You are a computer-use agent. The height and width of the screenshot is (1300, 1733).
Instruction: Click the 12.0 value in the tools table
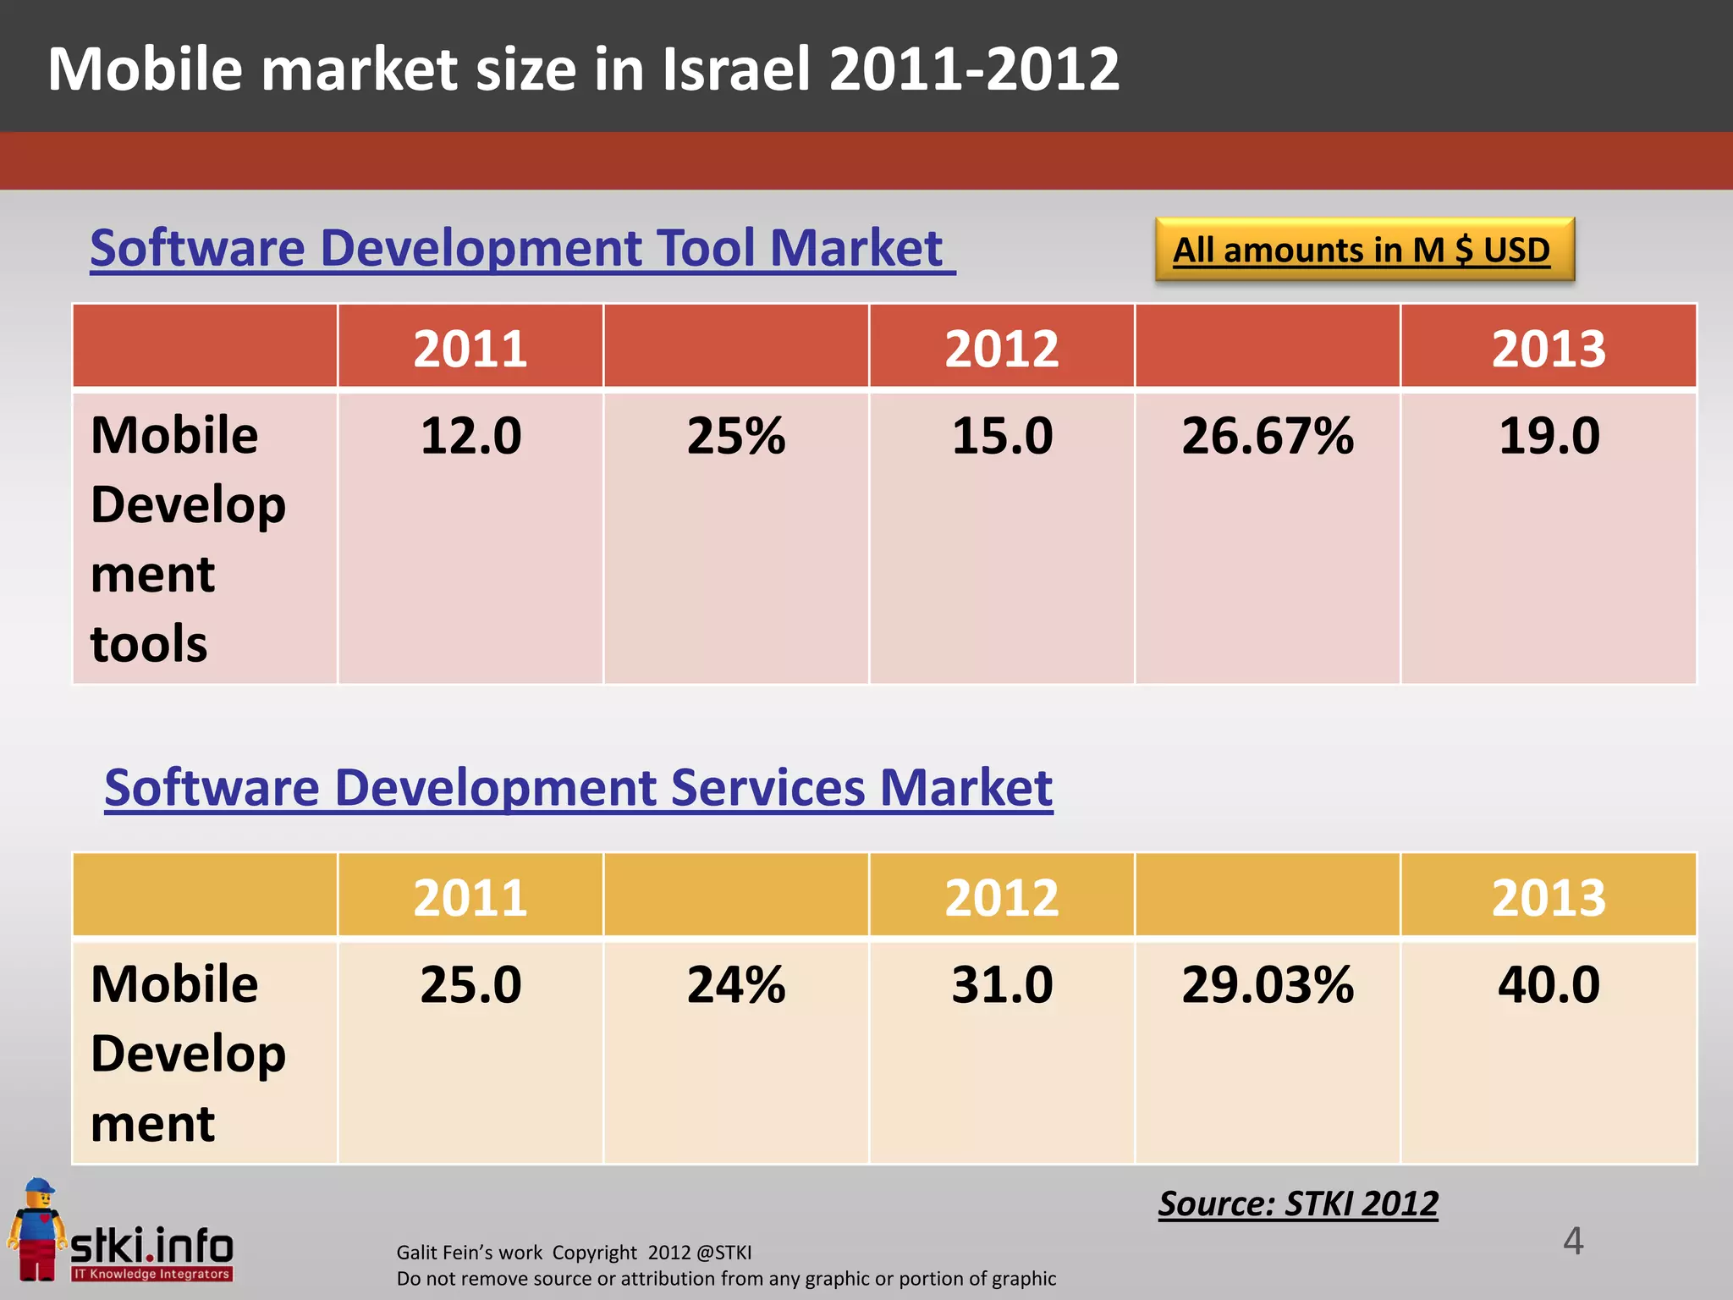point(470,437)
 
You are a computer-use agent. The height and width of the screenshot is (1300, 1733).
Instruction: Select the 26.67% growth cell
point(1267,437)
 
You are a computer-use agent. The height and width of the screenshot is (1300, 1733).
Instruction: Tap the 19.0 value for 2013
point(1549,437)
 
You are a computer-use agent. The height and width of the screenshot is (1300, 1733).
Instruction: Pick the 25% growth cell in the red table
point(735,437)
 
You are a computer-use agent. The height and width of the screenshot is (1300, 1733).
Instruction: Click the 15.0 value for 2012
point(1002,437)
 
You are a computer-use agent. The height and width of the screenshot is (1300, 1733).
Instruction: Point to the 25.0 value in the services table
point(470,985)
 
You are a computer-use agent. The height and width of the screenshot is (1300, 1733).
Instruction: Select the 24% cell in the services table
point(735,985)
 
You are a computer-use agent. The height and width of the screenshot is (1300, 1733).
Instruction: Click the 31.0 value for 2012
point(1002,985)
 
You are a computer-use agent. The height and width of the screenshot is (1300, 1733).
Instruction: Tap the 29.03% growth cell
point(1267,985)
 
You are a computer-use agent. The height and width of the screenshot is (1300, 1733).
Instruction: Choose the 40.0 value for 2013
point(1549,985)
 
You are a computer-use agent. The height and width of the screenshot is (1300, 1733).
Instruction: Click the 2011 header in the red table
point(470,348)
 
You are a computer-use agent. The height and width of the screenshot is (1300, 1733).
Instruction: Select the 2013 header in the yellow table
point(1549,897)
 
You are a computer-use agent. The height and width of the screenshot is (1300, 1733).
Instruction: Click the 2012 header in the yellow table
point(1002,897)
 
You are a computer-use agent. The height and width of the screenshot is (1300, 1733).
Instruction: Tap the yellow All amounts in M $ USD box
point(1364,250)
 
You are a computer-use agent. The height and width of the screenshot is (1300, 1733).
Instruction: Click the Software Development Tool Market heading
point(521,249)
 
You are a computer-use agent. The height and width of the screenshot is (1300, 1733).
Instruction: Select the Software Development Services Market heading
point(578,788)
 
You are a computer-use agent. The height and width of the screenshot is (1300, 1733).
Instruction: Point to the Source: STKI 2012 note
point(1298,1204)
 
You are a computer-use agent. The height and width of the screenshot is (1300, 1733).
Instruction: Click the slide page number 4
point(1572,1242)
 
